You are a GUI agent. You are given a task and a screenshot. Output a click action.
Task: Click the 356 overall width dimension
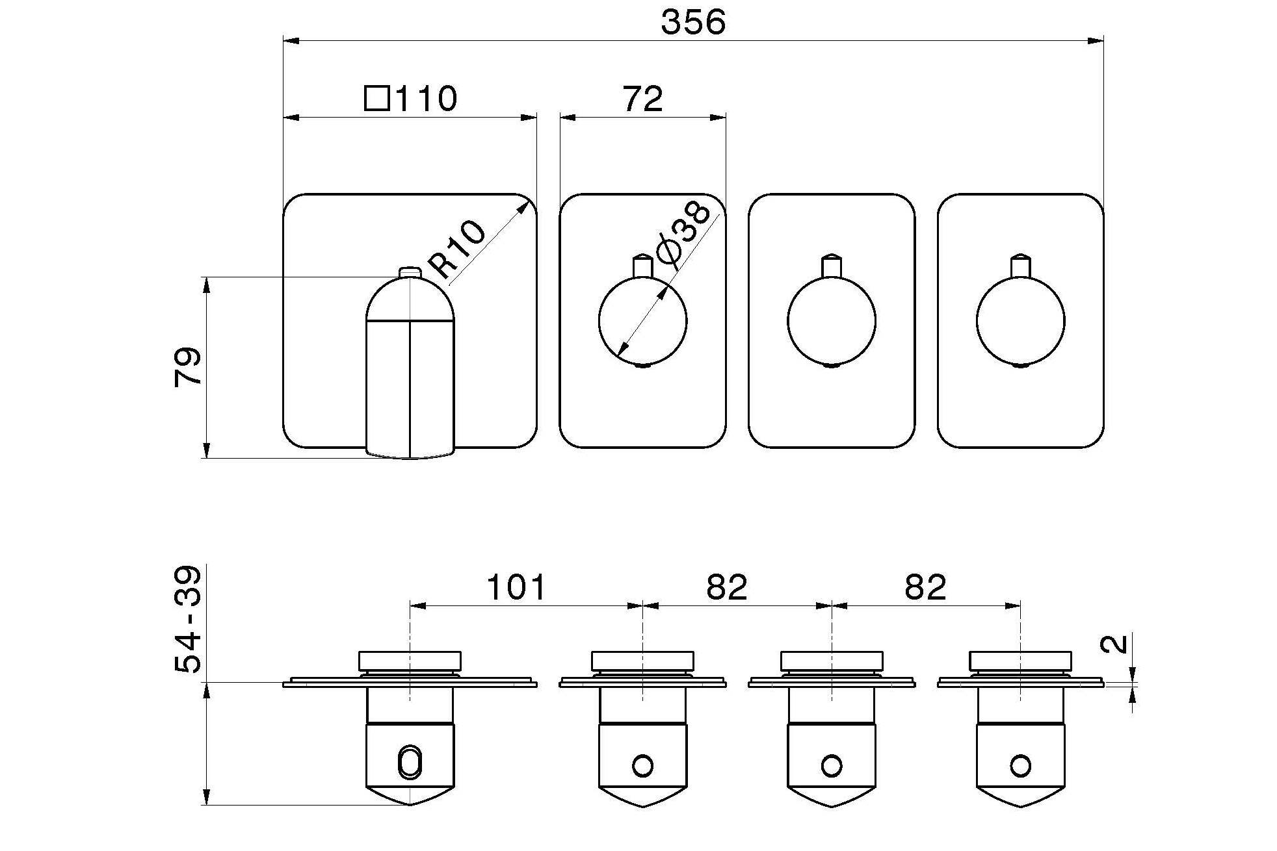(692, 22)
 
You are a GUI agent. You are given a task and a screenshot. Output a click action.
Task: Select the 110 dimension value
(426, 99)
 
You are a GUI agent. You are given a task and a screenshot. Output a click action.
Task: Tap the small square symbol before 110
(376, 99)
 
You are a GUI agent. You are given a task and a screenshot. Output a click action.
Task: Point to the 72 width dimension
(642, 99)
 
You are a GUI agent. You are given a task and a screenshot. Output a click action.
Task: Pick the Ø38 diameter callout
(683, 232)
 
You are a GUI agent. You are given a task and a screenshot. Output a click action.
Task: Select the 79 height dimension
(188, 368)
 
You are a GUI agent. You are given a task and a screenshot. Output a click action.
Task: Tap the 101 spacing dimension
(516, 587)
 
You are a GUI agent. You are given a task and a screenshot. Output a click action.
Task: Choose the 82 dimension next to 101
(726, 587)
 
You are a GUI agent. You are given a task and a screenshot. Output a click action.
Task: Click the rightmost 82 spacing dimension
(925, 587)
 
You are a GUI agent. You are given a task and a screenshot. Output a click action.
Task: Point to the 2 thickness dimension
(1114, 644)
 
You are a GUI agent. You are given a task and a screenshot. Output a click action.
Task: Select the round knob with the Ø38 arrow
(642, 321)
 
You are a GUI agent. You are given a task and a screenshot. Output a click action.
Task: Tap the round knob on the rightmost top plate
(1020, 321)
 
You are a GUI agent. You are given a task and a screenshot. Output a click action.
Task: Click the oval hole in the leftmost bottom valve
(410, 761)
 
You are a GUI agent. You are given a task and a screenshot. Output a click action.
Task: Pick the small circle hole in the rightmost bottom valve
(1020, 766)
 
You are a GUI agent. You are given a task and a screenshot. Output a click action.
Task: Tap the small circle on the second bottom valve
(642, 766)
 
